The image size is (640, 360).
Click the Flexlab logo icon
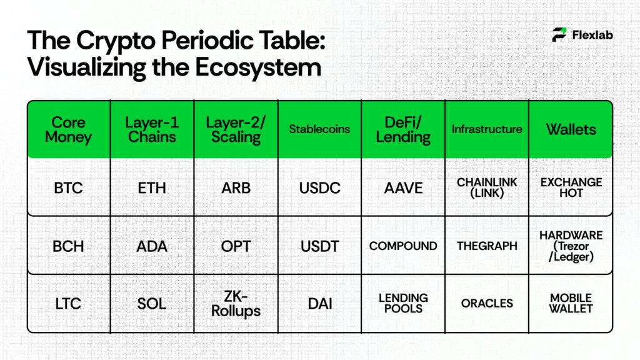click(559, 35)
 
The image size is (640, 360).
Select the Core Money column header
click(69, 129)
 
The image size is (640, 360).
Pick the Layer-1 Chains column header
click(152, 129)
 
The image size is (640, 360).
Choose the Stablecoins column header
click(319, 129)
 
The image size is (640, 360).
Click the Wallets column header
click(571, 129)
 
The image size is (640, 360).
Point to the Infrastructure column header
click(487, 129)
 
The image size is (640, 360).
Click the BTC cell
click(69, 187)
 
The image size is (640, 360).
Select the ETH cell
click(152, 187)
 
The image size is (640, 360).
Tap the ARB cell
click(236, 187)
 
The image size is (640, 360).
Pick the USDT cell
click(319, 246)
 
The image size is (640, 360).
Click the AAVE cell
click(403, 187)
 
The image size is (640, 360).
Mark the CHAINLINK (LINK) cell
click(487, 187)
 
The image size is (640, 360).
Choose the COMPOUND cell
click(403, 246)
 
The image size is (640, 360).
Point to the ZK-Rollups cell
click(236, 303)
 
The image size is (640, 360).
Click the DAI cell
click(319, 304)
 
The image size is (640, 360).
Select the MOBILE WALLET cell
click(571, 303)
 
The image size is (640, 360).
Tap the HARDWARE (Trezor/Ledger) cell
click(571, 246)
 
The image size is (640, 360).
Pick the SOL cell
click(152, 304)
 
